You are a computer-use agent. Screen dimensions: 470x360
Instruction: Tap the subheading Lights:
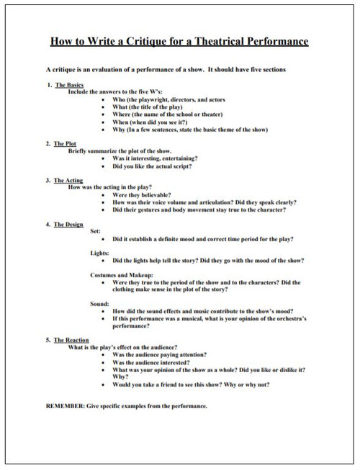point(99,253)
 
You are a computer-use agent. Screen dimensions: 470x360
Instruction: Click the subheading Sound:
point(99,304)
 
